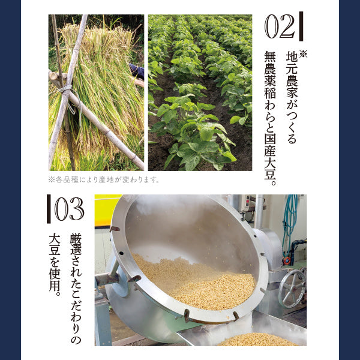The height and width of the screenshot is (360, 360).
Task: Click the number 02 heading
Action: tap(280, 26)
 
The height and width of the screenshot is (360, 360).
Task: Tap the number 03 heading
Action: tap(69, 209)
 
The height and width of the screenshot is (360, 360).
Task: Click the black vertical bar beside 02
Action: tap(301, 26)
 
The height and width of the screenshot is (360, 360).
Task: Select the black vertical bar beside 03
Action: tap(49, 209)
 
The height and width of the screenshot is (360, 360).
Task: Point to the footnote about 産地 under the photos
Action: tap(104, 179)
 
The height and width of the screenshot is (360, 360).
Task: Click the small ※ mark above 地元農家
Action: tap(303, 53)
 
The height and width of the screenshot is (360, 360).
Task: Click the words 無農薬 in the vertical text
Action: tap(270, 69)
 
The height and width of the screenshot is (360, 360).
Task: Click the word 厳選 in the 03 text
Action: tap(76, 244)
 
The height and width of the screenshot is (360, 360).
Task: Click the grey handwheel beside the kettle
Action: tap(292, 289)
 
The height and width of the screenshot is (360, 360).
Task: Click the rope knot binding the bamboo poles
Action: tap(67, 89)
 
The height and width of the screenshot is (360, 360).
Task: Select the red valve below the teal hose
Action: tap(287, 260)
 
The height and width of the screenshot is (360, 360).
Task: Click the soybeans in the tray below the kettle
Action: tap(257, 340)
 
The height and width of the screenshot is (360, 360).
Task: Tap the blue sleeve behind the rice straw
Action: tap(137, 71)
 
